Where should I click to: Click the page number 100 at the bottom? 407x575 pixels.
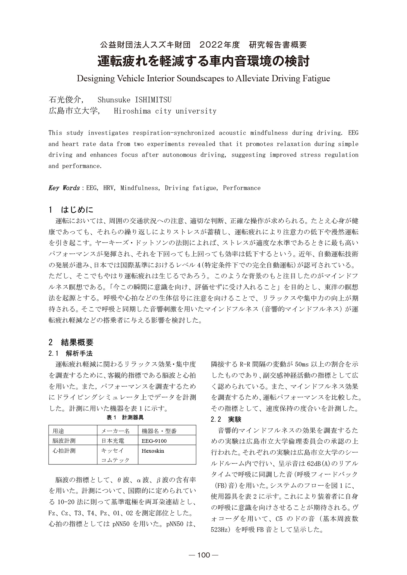[203, 555]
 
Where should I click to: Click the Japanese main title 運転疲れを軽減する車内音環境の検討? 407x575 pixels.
[203, 61]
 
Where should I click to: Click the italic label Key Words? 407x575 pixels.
[64, 188]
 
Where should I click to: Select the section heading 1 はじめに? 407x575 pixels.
[71, 209]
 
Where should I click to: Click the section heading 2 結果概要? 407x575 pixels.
[71, 342]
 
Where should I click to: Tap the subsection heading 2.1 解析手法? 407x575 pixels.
[71, 353]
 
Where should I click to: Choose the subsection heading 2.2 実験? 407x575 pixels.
[226, 419]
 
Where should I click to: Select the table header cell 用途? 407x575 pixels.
[58, 431]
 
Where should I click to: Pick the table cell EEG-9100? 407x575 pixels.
[154, 441]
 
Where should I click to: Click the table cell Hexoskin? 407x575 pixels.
[153, 451]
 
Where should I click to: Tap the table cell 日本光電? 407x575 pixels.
[112, 441]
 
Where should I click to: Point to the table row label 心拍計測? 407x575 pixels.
[64, 451]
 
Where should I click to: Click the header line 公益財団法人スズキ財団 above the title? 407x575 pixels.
[145, 45]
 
